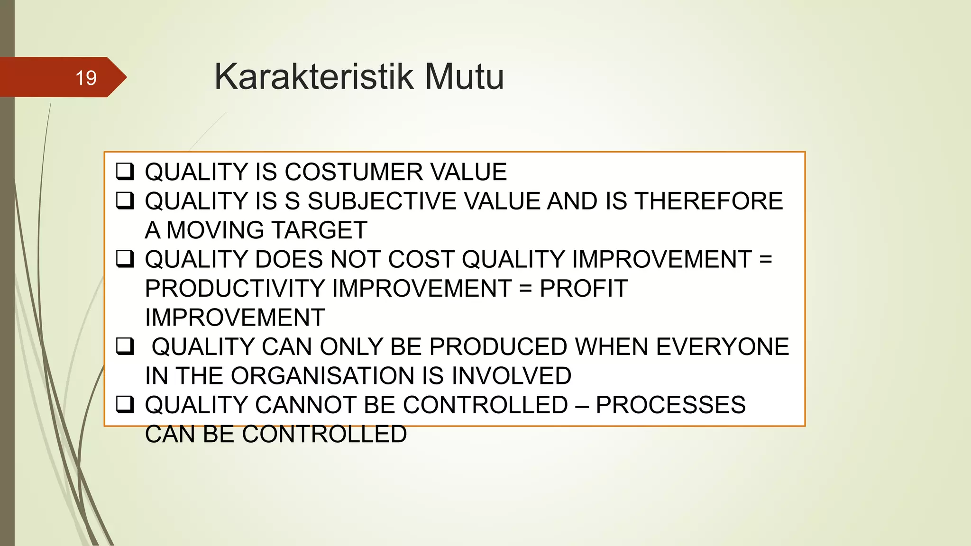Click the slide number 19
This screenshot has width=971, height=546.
86,78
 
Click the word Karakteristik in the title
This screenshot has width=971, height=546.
313,76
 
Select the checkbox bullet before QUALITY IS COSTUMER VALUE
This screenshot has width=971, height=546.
125,171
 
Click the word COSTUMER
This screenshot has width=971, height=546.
353,172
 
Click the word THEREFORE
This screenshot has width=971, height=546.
708,201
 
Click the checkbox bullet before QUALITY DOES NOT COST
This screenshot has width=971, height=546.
125,259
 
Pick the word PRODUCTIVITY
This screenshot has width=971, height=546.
235,289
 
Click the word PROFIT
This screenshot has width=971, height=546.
583,289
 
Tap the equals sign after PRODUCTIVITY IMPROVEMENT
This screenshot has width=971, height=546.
525,289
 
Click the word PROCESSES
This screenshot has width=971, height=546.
670,405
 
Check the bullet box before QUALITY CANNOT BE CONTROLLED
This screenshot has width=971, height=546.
125,405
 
